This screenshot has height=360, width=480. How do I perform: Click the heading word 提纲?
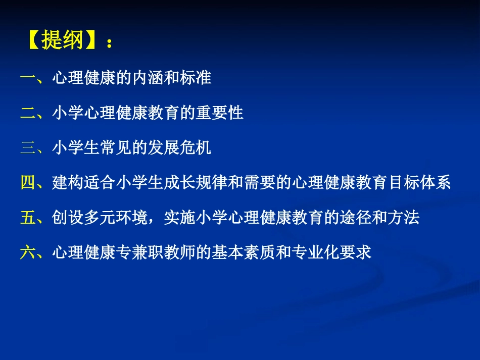tap(62, 40)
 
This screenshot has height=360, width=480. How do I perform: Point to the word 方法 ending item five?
tap(404, 218)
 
